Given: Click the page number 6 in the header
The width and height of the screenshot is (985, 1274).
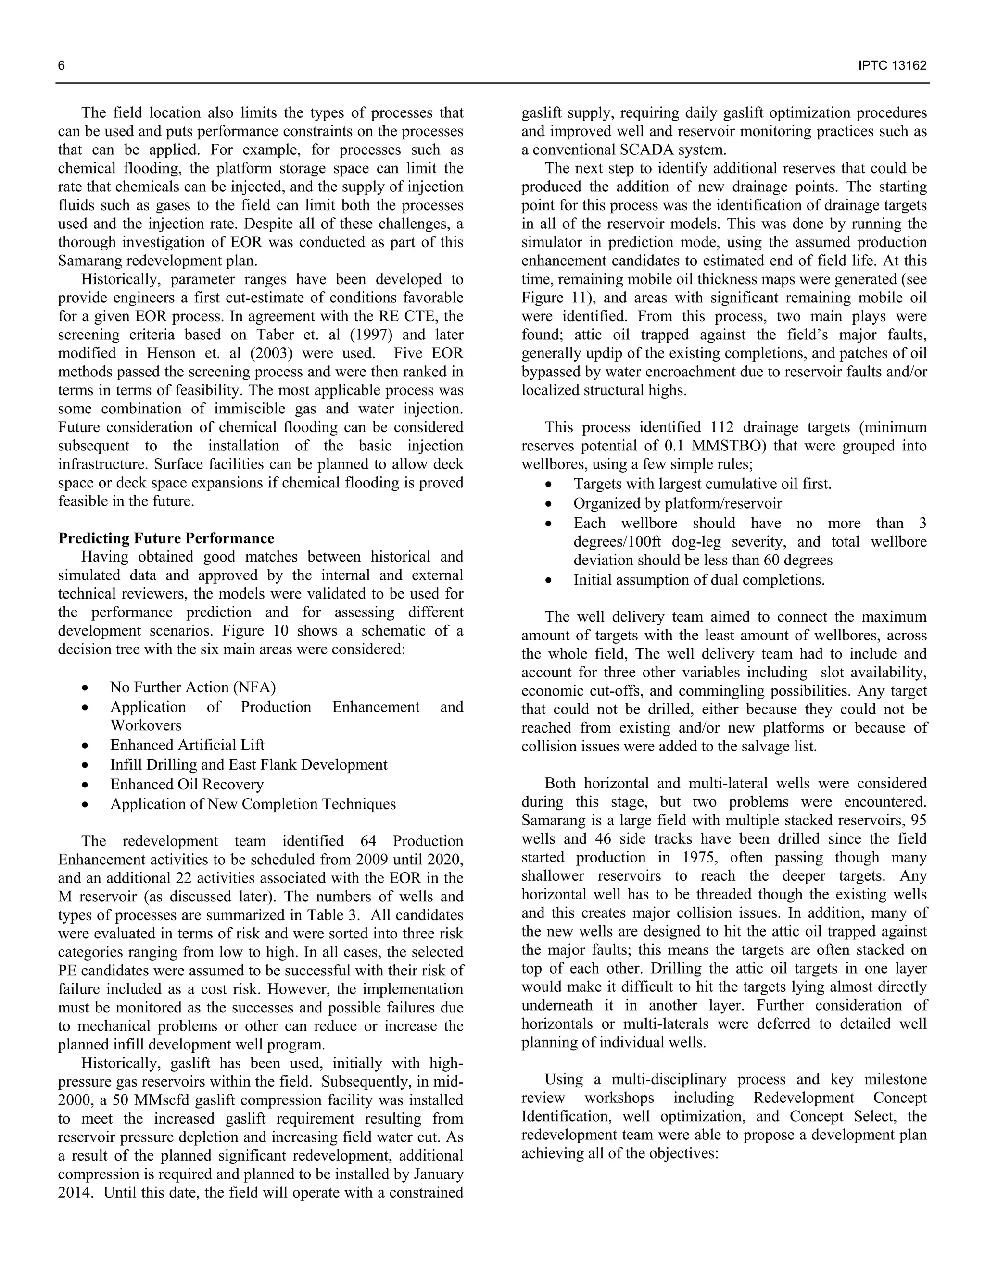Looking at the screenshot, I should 61,65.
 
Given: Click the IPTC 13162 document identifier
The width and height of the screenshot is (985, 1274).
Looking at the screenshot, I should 892,65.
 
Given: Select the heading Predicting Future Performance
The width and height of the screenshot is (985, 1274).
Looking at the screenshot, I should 166,538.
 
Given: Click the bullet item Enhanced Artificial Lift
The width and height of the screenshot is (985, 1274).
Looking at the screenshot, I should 187,745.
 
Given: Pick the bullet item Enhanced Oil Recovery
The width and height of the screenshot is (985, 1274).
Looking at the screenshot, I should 187,784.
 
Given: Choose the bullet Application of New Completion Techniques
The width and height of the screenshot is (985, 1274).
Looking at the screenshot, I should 253,804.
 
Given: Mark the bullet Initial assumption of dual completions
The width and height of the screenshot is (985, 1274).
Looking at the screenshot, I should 698,580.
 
